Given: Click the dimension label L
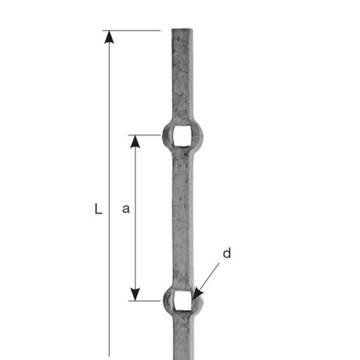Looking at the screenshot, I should coord(99,209).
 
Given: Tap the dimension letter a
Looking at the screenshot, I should coord(126,209).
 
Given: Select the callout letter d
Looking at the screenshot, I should coord(227,253).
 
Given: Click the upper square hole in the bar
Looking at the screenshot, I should coord(182,136).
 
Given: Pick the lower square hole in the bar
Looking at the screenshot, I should coord(182,301).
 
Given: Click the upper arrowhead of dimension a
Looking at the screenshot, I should coord(136,142).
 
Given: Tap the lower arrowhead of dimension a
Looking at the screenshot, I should coord(136,294).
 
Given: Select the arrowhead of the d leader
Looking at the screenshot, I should coord(197,293).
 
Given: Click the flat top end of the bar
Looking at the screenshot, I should coord(182,30).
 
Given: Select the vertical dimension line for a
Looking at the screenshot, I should coord(136,180).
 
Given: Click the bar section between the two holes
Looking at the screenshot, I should coord(182,216).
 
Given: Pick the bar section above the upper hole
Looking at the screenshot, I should coord(182,78).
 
